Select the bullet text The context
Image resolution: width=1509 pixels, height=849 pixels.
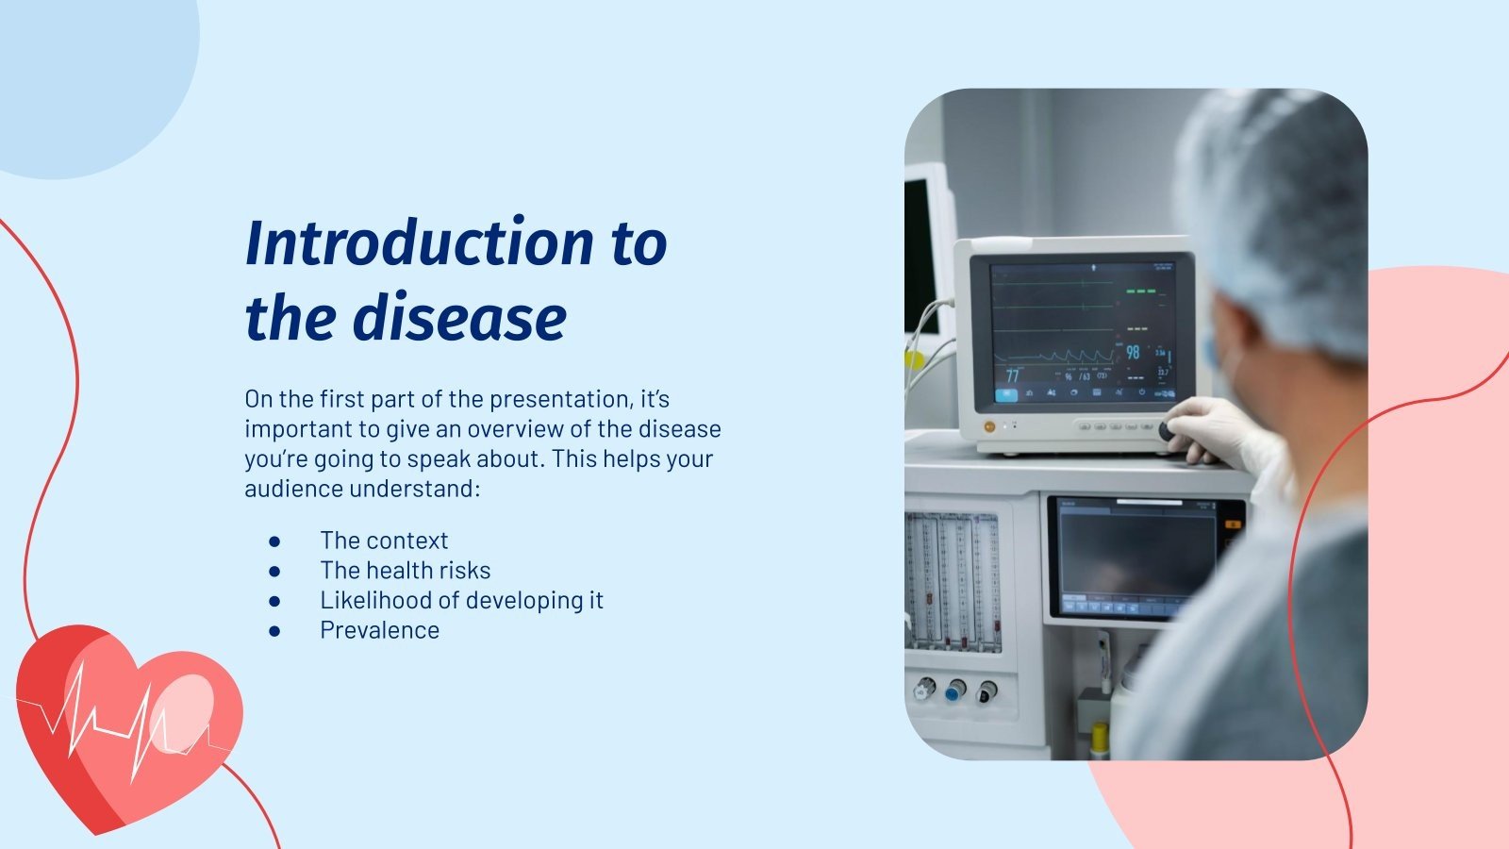pyautogui.click(x=384, y=541)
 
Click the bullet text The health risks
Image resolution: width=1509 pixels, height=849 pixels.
pyautogui.click(x=405, y=571)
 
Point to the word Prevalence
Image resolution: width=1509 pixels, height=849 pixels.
pyautogui.click(x=379, y=631)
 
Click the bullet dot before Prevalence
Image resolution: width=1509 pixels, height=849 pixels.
pyautogui.click(x=274, y=631)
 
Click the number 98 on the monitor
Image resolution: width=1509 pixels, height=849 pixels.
pyautogui.click(x=1133, y=352)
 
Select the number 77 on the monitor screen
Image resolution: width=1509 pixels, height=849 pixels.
pyautogui.click(x=1012, y=375)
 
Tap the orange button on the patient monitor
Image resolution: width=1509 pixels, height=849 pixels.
pyautogui.click(x=988, y=426)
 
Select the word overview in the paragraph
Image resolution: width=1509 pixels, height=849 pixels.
pyautogui.click(x=515, y=429)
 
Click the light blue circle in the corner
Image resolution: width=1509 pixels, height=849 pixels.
pyautogui.click(x=75, y=66)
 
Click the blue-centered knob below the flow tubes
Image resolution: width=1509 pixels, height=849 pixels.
pyautogui.click(x=954, y=691)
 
